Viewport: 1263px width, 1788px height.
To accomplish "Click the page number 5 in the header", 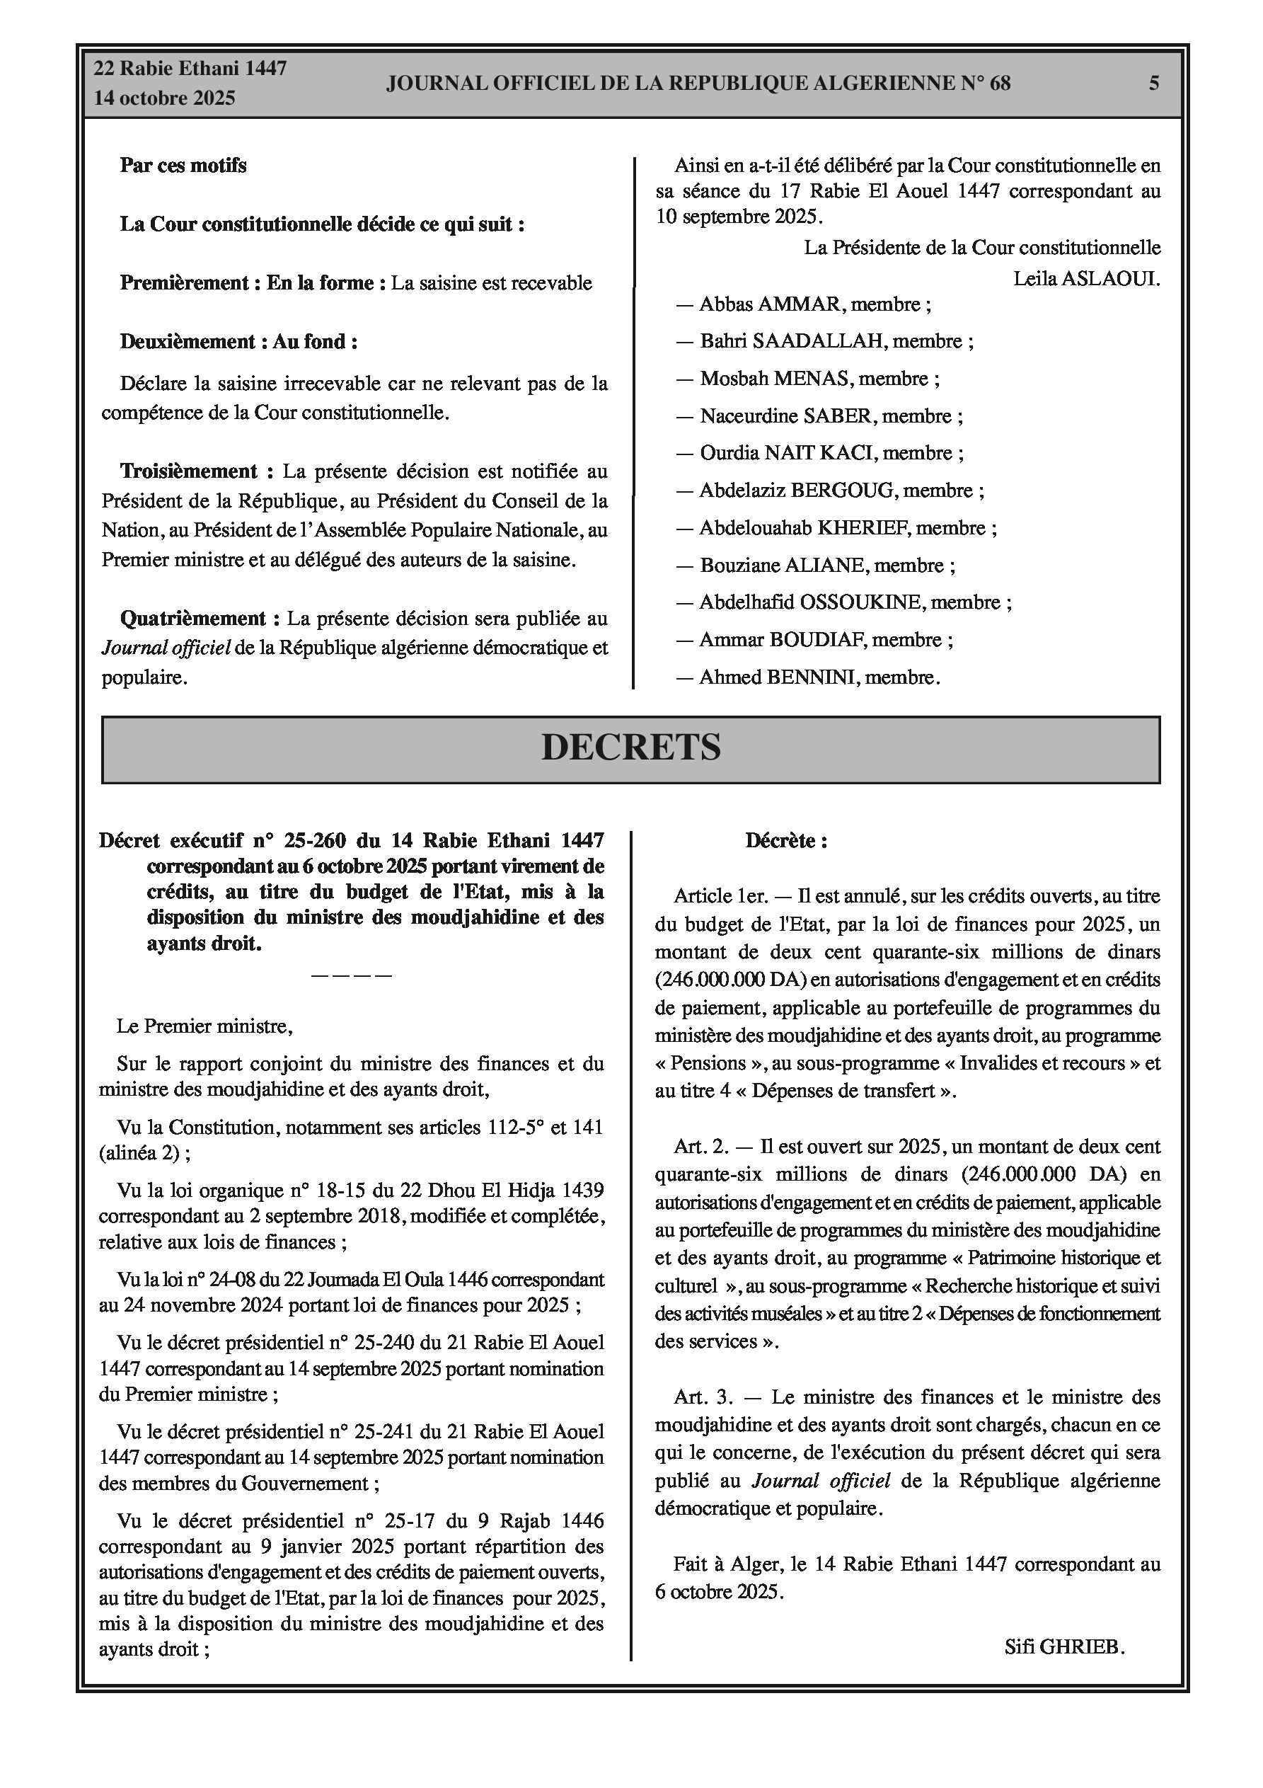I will pyautogui.click(x=1153, y=83).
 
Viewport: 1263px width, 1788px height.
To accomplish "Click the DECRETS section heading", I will pyautogui.click(x=630, y=747).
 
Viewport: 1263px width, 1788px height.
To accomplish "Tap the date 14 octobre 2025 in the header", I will pyautogui.click(x=164, y=98).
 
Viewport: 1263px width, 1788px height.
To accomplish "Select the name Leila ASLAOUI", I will pyautogui.click(x=1086, y=279).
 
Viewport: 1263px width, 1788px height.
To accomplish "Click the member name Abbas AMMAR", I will pyautogui.click(x=770, y=304).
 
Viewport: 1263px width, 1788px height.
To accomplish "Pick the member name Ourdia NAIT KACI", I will pyautogui.click(x=788, y=453).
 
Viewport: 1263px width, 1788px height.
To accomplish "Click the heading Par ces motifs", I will pyautogui.click(x=183, y=165).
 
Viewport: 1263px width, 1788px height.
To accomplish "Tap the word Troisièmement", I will pyautogui.click(x=188, y=471).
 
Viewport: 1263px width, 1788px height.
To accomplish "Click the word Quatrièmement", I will pyautogui.click(x=192, y=619).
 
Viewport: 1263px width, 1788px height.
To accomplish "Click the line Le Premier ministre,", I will pyautogui.click(x=204, y=1026).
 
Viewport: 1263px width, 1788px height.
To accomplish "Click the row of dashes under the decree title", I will pyautogui.click(x=351, y=975).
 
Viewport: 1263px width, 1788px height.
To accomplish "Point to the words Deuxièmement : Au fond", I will pyautogui.click(x=238, y=342).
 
